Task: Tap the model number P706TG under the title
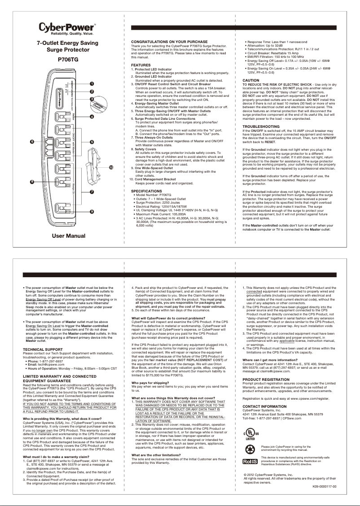[68, 58]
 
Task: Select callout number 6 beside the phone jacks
[32, 142]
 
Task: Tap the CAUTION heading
[248, 80]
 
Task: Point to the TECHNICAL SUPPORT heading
[43, 349]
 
